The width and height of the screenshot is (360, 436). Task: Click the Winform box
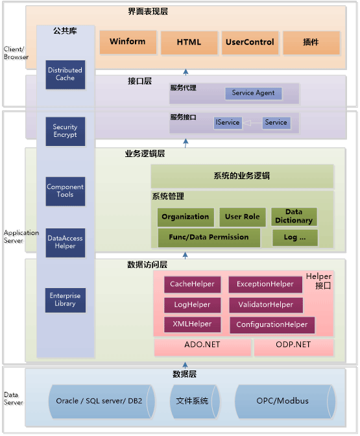tap(127, 42)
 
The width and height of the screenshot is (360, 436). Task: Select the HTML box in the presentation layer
tap(189, 42)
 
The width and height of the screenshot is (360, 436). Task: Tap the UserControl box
tap(250, 42)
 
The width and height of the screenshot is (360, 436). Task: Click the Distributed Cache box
tap(66, 74)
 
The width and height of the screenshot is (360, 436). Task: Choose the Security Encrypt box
tap(66, 131)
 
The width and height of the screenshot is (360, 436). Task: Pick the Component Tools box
tap(66, 191)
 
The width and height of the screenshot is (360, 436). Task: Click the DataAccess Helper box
tap(66, 242)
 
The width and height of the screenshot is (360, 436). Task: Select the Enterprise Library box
tap(66, 300)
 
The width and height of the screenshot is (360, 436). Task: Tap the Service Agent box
tap(253, 93)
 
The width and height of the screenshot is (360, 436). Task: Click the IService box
tap(228, 123)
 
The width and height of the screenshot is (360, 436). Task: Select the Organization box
tap(186, 217)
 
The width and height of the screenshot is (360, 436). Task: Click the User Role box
tap(242, 217)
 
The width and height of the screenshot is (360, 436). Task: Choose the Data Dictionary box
tap(293, 217)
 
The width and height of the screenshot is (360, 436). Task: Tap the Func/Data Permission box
tap(209, 237)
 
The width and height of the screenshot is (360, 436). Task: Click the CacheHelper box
tap(187, 284)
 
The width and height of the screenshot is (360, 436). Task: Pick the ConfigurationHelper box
tap(272, 324)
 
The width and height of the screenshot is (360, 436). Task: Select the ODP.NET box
tap(293, 345)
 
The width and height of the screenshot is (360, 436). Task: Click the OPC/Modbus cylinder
tap(285, 401)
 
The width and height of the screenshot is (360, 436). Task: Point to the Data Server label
tap(13, 398)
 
